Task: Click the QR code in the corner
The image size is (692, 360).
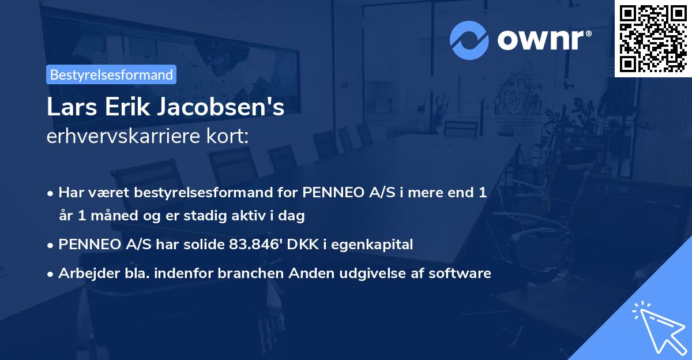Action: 653,38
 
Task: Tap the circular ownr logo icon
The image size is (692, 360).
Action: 469,40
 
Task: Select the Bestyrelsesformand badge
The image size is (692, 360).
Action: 111,74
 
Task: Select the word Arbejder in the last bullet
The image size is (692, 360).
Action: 84,273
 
